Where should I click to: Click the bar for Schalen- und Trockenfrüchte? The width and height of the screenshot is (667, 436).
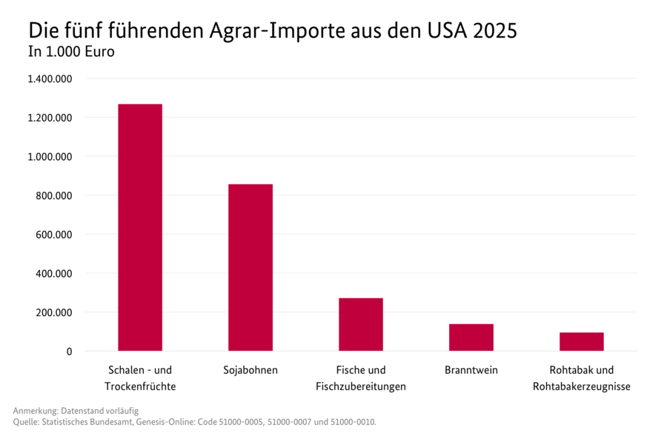pyautogui.click(x=140, y=227)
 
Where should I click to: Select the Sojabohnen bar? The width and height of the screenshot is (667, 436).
pyautogui.click(x=250, y=267)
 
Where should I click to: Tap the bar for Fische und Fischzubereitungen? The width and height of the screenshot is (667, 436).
pyautogui.click(x=361, y=324)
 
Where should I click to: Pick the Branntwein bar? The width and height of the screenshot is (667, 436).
pyautogui.click(x=471, y=338)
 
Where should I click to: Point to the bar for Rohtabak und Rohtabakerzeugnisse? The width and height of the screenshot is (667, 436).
pyautogui.click(x=582, y=342)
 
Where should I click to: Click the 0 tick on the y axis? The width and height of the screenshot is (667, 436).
pyautogui.click(x=68, y=352)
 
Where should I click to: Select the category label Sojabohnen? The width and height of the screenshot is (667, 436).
pyautogui.click(x=250, y=370)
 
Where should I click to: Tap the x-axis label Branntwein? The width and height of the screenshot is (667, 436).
pyautogui.click(x=471, y=370)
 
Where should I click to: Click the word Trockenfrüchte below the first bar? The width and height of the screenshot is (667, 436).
pyautogui.click(x=140, y=386)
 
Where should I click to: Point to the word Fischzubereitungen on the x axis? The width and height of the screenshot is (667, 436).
pyautogui.click(x=361, y=386)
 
